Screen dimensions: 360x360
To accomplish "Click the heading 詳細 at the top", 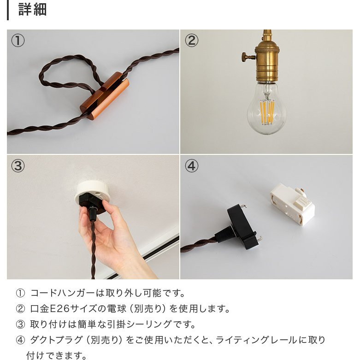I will tap(32, 10).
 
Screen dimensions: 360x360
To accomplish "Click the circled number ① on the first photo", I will tap(18, 41).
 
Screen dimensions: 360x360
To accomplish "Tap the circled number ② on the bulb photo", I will tap(191, 41).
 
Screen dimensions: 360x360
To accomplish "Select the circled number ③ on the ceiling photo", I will tap(18, 166).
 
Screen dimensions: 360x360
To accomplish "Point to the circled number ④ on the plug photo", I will tap(191, 166).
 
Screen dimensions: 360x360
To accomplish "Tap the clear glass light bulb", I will tap(266, 108).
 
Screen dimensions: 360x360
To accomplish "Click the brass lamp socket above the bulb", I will tap(267, 60).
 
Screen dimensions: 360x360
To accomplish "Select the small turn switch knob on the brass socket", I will tap(248, 57).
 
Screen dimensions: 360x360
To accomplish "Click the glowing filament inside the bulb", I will tap(266, 111).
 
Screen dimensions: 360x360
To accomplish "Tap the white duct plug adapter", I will tap(293, 204).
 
